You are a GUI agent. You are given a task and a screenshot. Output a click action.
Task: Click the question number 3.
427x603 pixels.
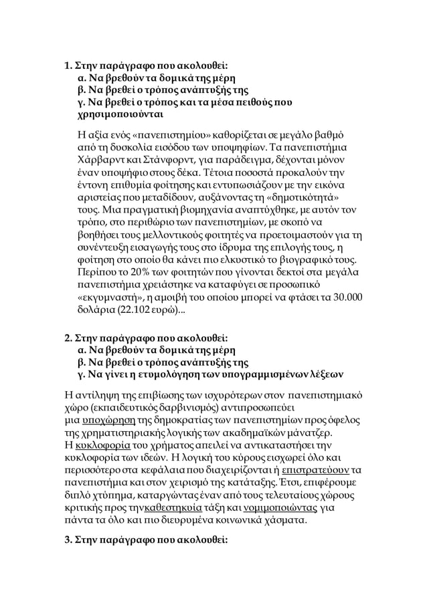68,541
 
